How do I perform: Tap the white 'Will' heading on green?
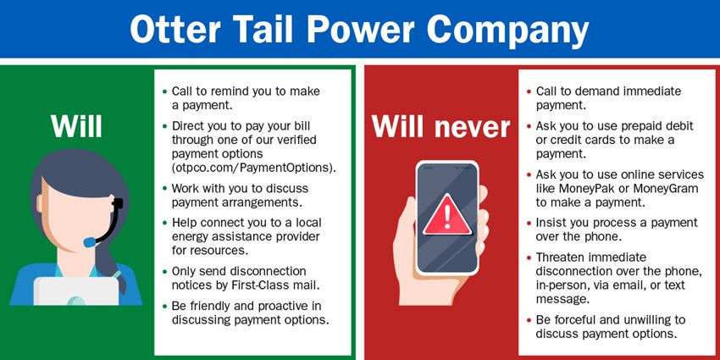point(76,126)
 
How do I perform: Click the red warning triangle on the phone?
point(446,215)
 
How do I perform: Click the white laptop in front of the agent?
point(76,291)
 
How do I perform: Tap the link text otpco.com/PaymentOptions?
point(254,168)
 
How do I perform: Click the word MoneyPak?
point(580,189)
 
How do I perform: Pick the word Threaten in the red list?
point(560,257)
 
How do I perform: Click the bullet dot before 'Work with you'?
point(165,188)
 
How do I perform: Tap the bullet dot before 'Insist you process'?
point(529,223)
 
